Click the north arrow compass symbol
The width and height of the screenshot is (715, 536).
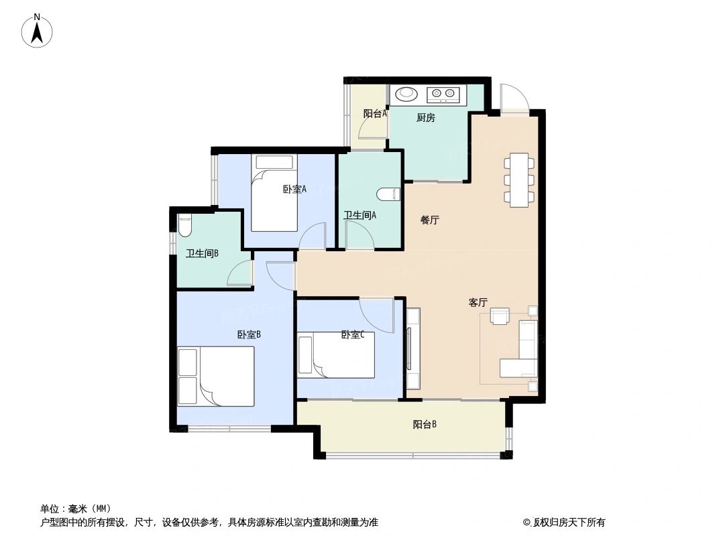point(38,31)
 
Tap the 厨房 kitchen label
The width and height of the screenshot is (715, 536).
point(425,118)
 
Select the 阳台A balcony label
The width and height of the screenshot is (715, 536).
point(375,114)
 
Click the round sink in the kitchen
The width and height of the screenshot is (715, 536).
point(406,94)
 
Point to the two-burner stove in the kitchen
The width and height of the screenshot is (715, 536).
point(443,94)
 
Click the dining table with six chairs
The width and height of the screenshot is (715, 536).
point(520,180)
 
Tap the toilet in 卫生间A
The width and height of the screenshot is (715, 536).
point(388,195)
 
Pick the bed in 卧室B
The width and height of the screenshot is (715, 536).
point(216,376)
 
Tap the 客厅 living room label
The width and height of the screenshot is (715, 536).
point(478,303)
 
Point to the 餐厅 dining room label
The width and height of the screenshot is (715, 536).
point(429,220)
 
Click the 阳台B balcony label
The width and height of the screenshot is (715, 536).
point(425,424)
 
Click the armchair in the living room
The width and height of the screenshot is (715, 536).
point(500,316)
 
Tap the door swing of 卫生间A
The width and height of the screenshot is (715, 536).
point(357,235)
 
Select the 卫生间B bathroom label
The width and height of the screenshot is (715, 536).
point(202,253)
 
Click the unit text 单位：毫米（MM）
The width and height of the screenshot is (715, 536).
point(75,509)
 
